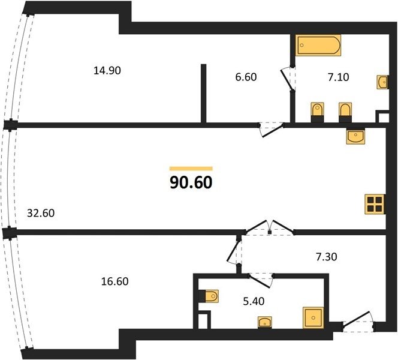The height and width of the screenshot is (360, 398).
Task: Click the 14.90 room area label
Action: coord(107,71)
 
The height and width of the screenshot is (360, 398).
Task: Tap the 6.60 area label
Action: coord(246,77)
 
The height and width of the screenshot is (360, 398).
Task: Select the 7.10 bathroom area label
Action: coord(338,77)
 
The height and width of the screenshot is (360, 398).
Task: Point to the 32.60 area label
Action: coord(41,213)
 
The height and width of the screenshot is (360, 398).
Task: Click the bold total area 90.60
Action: coord(191,182)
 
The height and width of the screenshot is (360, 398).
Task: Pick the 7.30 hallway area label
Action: coord(327,257)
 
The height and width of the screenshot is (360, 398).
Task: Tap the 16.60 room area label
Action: coord(114,281)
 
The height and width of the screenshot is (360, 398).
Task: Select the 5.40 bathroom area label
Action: coord(254,301)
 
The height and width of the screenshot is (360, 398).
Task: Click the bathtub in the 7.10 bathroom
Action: coord(318,45)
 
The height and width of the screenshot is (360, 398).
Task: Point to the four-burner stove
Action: coord(375,204)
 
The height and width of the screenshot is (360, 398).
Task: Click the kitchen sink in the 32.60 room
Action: coord(355,136)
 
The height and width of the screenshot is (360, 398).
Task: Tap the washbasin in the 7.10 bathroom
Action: coord(382,82)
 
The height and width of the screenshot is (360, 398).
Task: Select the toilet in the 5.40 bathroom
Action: coord(209,296)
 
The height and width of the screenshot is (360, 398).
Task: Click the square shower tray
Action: coord(313,317)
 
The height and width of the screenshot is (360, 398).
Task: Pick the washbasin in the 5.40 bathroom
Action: coord(265,322)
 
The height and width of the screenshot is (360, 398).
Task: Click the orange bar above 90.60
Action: coord(191,169)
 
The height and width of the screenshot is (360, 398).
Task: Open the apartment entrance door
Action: coord(358,321)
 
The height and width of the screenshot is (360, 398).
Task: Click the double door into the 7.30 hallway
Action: coord(270,227)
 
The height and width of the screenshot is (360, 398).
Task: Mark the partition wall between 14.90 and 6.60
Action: coord(203,93)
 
